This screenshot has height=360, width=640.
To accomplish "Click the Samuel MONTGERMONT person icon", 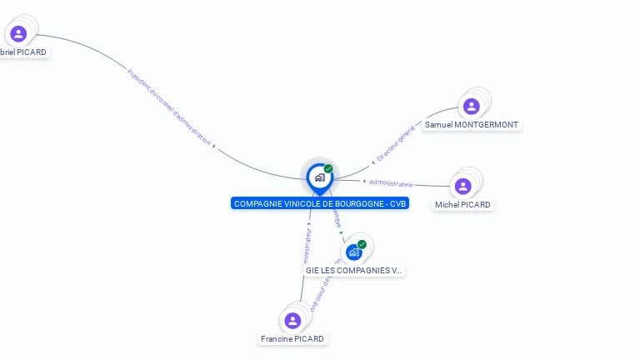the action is tap(471, 106).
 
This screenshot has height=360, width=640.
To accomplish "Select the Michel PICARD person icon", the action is tap(463, 186).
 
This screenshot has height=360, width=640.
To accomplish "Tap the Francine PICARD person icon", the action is tap(292, 320).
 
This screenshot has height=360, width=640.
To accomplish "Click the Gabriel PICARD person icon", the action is tap(18, 33).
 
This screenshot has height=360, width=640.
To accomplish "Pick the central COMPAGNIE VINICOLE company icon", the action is tap(319, 177).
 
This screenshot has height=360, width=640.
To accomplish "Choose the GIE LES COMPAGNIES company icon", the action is tap(354, 252).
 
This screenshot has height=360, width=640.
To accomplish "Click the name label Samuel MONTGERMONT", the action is tap(472, 125).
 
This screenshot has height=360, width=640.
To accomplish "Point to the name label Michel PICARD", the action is tap(462, 205).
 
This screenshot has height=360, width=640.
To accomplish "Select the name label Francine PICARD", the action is tap(292, 339).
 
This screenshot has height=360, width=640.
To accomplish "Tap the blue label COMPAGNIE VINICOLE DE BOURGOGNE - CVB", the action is tap(320, 203).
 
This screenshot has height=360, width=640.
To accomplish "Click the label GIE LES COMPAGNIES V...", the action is tap(353, 271).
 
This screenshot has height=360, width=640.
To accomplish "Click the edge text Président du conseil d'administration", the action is tap(169, 107).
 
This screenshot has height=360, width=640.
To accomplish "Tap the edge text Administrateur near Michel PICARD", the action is tap(390, 182).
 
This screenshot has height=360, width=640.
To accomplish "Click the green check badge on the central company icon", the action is tap(328, 168).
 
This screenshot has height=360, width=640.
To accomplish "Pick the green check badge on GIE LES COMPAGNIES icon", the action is tap(362, 244).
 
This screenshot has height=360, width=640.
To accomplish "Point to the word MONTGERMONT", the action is tap(487, 125).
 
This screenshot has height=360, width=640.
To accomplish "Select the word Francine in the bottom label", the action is tap(277, 339).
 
